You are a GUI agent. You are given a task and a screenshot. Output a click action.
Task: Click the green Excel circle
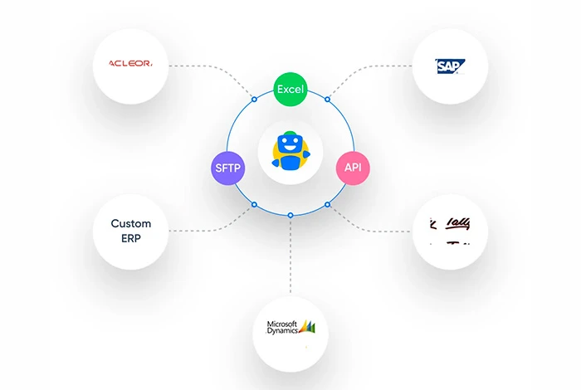(290, 89)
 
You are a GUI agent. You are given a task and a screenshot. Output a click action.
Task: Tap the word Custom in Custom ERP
(131, 224)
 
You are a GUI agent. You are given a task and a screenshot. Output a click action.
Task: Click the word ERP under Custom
(131, 240)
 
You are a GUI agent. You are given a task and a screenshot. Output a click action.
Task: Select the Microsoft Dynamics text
(281, 328)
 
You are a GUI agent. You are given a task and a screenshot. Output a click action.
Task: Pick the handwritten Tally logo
(449, 225)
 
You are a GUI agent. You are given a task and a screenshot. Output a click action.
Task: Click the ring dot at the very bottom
(290, 216)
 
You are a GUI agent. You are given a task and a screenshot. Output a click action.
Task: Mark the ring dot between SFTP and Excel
(254, 100)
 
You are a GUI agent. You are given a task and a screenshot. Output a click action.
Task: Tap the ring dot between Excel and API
(327, 100)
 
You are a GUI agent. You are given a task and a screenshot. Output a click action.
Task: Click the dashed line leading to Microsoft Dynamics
(290, 257)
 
